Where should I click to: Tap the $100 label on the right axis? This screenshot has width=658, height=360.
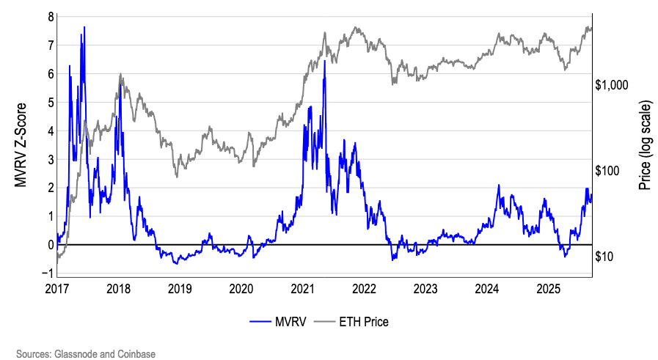tap(608, 171)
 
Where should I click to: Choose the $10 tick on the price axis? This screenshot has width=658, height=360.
tap(606, 257)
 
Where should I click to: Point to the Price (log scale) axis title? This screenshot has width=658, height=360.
tap(645, 144)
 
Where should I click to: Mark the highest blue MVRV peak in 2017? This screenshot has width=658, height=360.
tap(84, 27)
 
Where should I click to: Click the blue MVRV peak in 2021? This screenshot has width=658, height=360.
tap(324, 61)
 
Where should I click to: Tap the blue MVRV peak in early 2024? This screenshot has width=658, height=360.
tap(499, 185)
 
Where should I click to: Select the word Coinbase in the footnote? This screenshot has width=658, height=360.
tap(136, 354)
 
